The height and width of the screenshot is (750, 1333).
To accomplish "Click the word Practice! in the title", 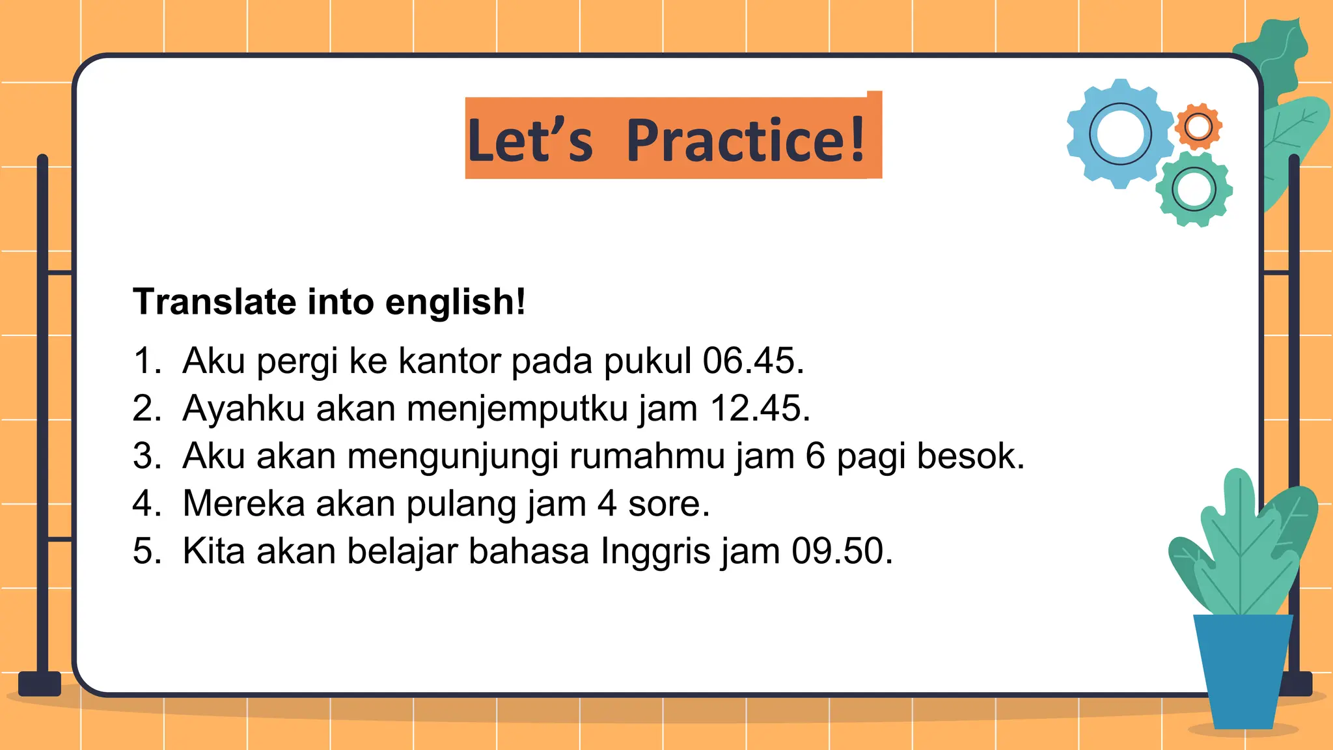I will (x=746, y=140).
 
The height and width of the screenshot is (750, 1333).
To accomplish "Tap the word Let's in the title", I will (x=530, y=140).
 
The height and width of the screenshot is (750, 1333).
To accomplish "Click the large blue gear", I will (x=1120, y=134).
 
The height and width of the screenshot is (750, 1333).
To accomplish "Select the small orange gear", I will (x=1198, y=126).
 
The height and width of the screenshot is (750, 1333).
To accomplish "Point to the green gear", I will (x=1194, y=189).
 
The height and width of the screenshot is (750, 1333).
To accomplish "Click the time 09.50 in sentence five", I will (x=842, y=551).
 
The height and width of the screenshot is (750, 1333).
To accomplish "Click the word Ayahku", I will (x=243, y=409).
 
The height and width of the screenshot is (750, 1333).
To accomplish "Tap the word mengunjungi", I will (x=453, y=456).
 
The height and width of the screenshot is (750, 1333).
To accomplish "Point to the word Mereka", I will (x=243, y=503).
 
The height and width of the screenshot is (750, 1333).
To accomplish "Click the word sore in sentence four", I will (x=668, y=504).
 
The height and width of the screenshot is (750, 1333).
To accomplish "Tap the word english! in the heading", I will (x=455, y=302).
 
